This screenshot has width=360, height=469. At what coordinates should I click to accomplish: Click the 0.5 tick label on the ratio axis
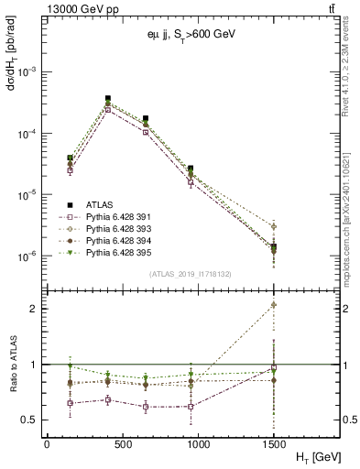click(31, 420)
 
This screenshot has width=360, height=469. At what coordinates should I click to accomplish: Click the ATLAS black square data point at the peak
click(108, 98)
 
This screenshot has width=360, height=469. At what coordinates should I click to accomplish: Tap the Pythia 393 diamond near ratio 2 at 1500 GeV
click(272, 306)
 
